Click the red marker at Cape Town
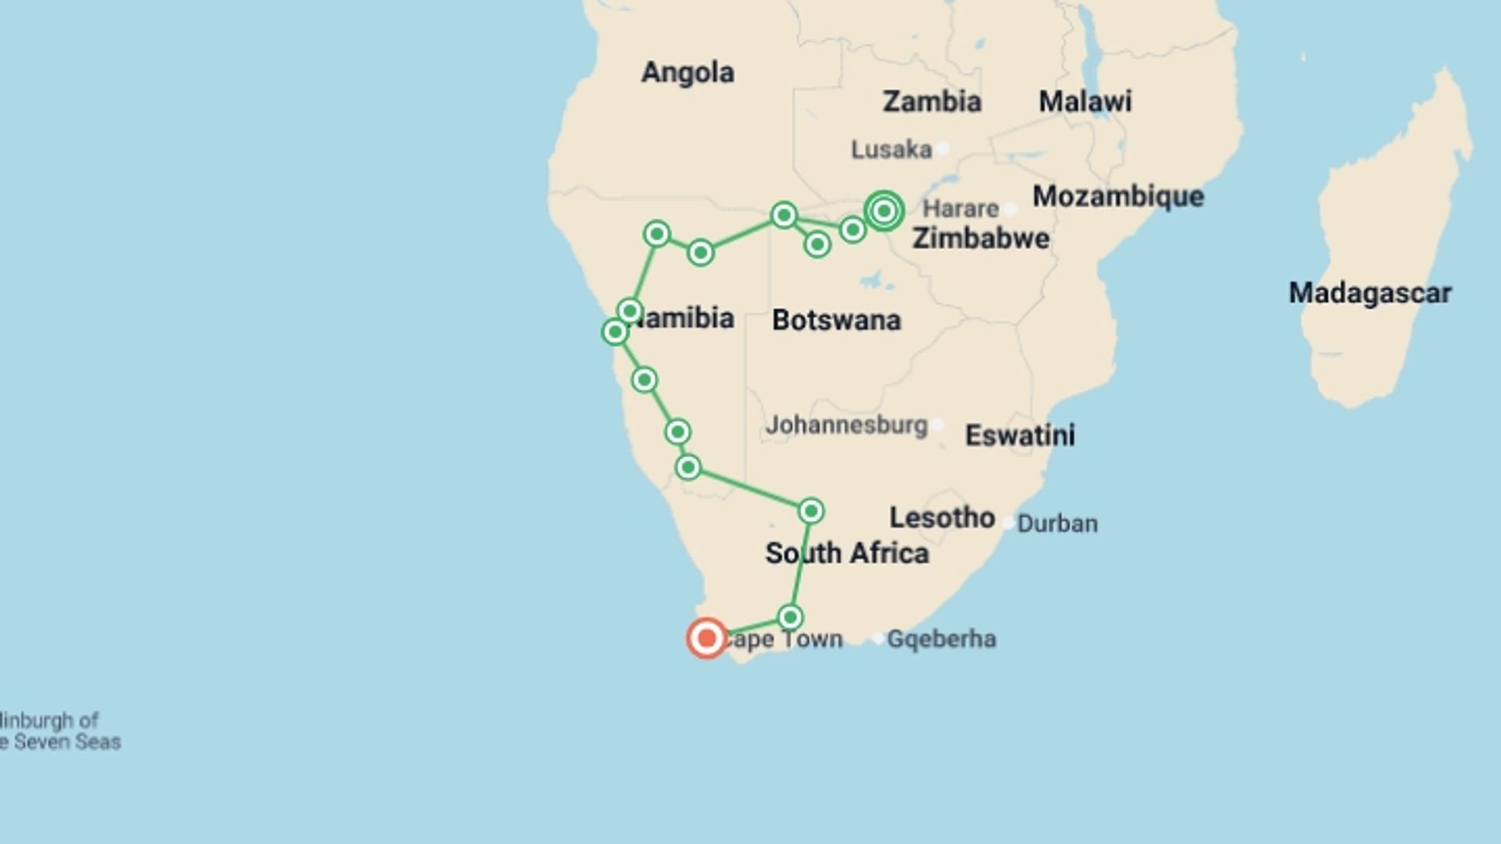[x=707, y=638]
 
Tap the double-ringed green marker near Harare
[x=884, y=211]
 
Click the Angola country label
[x=687, y=73]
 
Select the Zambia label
[x=931, y=102]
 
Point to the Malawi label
[x=1084, y=102]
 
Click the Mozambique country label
[x=1118, y=196]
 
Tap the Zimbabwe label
[x=980, y=238]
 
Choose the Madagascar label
[x=1370, y=293]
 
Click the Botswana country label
[x=836, y=320]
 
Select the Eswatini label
[x=1019, y=435]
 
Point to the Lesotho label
[x=942, y=517]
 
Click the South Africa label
[x=847, y=553]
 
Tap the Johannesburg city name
[x=846, y=425]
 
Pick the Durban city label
[x=1057, y=524]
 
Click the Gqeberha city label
[x=941, y=639]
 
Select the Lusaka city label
[x=891, y=149]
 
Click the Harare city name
[x=960, y=209]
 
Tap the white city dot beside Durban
[x=1008, y=523]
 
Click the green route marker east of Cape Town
[x=790, y=617]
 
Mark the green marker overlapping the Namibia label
[x=630, y=312]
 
